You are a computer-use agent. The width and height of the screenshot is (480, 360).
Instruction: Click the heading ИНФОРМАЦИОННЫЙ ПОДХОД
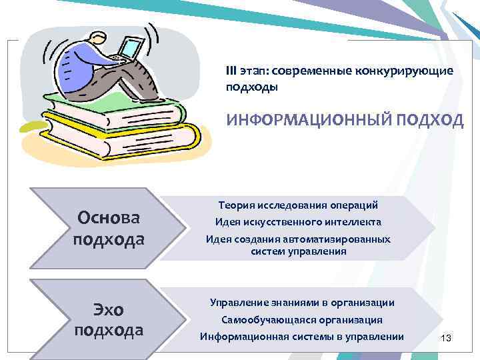[x=345, y=119]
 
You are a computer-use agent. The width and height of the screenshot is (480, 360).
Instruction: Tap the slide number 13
[x=446, y=339]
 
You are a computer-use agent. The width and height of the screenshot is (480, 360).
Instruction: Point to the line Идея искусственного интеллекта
[x=298, y=221]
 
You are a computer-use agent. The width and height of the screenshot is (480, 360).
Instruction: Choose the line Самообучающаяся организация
[x=301, y=320]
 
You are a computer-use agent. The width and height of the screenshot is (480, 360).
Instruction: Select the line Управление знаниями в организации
[x=302, y=303]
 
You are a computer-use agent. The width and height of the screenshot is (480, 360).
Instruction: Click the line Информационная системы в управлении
[x=302, y=337]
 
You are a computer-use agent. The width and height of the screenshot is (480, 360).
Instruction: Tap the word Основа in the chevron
[x=109, y=218]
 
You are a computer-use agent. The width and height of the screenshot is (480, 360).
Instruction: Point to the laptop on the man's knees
[x=130, y=49]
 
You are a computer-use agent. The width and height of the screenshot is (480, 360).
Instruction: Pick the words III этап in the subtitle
[x=244, y=71]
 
